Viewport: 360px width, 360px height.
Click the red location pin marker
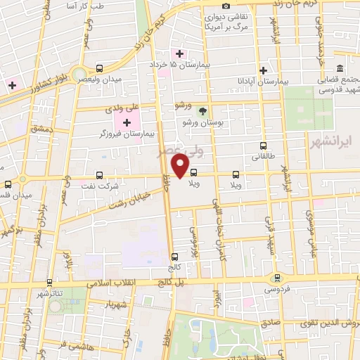[x=181, y=167]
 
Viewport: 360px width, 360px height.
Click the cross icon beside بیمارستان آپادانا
[x=263, y=70]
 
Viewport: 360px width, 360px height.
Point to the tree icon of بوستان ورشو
[x=202, y=111]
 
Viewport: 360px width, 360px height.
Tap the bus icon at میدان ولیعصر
[x=99, y=69]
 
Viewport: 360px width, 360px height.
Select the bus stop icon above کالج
[x=174, y=257]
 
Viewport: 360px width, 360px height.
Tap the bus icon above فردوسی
[x=278, y=277]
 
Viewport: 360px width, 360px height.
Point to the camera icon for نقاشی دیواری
[x=226, y=6]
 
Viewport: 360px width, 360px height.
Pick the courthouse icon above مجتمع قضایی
[x=340, y=68]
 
